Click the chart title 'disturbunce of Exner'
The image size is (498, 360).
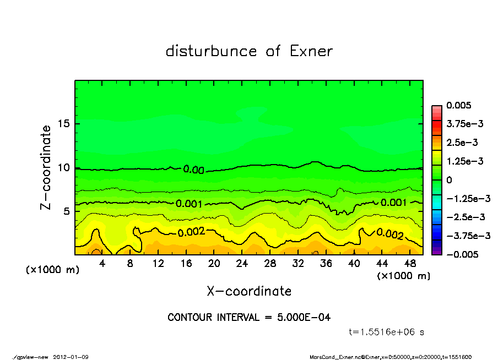tap(249, 52)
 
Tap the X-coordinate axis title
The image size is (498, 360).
tap(249, 291)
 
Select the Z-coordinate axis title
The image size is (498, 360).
tap(46, 167)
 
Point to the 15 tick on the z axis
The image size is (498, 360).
tap(64, 123)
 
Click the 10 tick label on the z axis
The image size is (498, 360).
tap(64, 167)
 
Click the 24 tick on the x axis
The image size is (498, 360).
tap(242, 264)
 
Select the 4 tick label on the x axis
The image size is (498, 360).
tap(102, 264)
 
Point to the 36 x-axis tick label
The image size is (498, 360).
tap(326, 264)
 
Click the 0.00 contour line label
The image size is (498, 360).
tap(193, 170)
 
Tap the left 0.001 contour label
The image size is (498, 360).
tap(189, 204)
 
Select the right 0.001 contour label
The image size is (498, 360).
tap(393, 203)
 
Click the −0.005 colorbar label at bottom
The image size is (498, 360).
tap(461, 254)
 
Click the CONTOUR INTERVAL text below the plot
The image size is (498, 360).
tap(249, 318)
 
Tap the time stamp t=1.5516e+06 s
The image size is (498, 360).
tap(386, 332)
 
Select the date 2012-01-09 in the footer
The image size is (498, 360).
tap(71, 357)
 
